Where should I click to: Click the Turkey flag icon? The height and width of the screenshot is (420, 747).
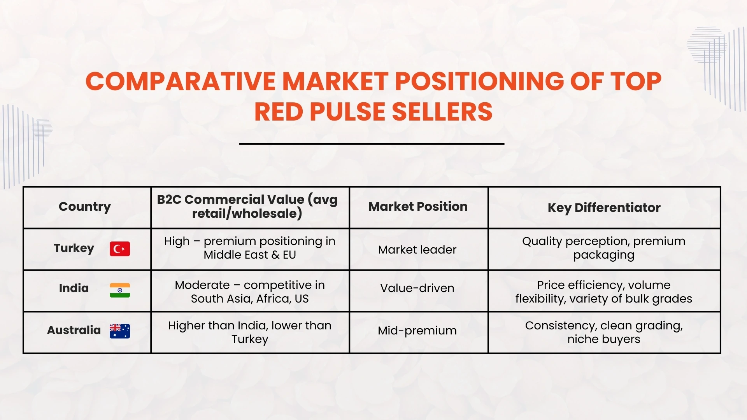[120, 249]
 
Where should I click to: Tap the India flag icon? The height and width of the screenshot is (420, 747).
[120, 290]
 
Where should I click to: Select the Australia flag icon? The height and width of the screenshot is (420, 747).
[120, 331]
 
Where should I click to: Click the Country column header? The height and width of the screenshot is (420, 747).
[85, 206]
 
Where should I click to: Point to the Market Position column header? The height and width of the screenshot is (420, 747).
[418, 206]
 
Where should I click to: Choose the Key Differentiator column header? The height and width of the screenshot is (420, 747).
[604, 208]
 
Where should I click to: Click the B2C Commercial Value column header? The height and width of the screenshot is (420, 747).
[247, 206]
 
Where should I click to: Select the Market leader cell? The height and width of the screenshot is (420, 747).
[417, 250]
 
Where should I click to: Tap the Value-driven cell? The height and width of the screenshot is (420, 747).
[417, 288]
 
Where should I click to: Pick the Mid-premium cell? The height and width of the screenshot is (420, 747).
[417, 331]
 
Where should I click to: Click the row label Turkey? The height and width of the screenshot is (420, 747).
[74, 248]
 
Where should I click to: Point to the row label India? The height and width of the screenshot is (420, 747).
[74, 288]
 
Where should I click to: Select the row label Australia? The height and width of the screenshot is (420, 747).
[74, 330]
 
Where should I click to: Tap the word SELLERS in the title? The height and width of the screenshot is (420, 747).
[442, 112]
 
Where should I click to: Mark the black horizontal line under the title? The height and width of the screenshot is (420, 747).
[372, 143]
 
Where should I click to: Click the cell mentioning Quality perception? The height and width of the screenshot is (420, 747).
[604, 248]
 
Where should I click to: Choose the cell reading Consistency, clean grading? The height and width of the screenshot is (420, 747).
[604, 332]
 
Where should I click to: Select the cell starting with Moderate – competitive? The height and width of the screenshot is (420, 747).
[250, 292]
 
